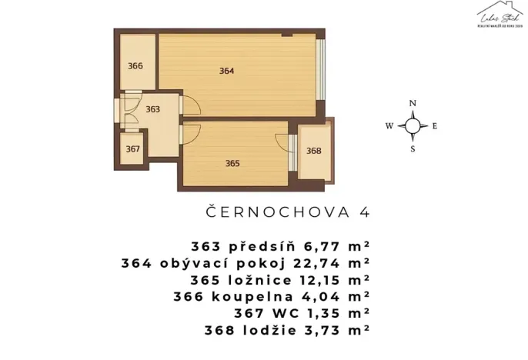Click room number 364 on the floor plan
226,71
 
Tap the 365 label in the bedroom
232,163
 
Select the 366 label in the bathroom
135,66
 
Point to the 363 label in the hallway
152,109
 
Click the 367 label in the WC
133,148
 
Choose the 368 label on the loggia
313,151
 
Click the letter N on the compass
413,104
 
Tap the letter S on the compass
413,149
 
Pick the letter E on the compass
435,126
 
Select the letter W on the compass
389,126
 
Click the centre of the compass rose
413,126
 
